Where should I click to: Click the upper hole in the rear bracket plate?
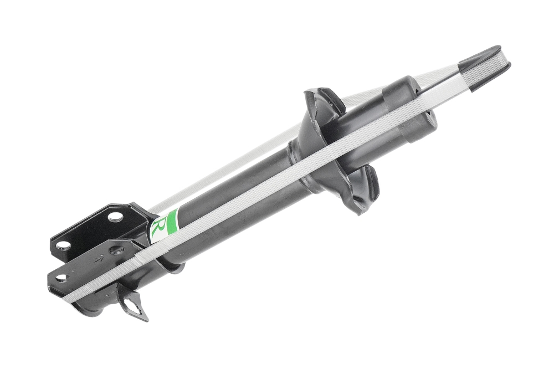114,216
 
